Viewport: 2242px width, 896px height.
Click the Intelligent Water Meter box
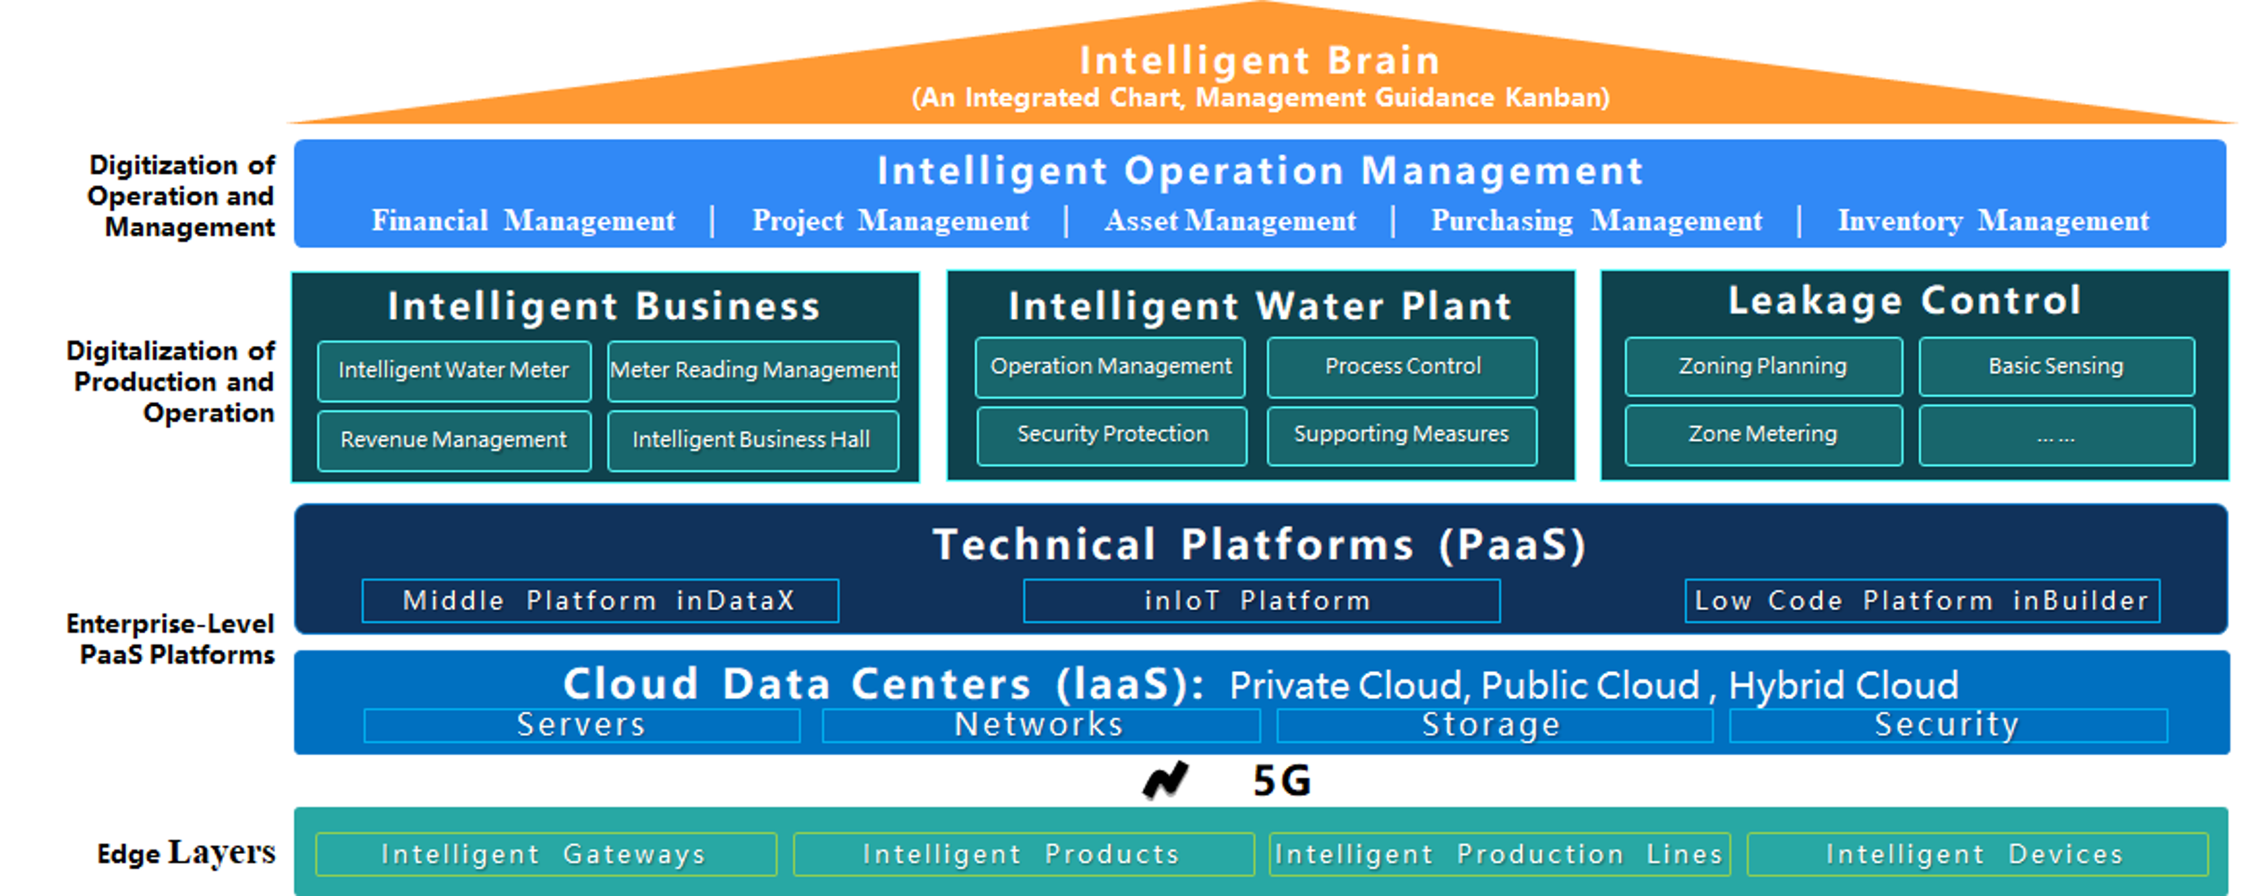coord(454,370)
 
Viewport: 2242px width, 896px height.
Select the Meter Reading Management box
coord(752,370)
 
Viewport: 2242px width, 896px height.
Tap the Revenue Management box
coord(454,440)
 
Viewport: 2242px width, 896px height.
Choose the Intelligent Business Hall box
coord(752,440)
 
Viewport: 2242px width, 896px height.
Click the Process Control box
coord(1402,366)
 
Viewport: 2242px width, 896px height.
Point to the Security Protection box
coord(1112,435)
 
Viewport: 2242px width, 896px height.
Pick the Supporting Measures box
coord(1402,435)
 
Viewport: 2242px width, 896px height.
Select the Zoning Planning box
coord(1763,366)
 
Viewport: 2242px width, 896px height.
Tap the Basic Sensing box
coord(2056,366)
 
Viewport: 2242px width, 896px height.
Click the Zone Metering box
coord(1763,435)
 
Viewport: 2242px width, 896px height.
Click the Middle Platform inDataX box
coord(600,600)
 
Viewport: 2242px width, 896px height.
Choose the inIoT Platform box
coord(1261,600)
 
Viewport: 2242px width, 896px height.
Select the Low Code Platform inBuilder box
coord(1921,600)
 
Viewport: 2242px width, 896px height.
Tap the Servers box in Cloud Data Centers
coord(581,725)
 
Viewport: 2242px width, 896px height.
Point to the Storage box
coord(1493,725)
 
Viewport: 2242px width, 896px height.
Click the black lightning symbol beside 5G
coord(1165,780)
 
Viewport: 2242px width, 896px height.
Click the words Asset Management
coord(1230,221)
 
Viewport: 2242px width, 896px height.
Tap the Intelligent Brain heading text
coord(1259,61)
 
